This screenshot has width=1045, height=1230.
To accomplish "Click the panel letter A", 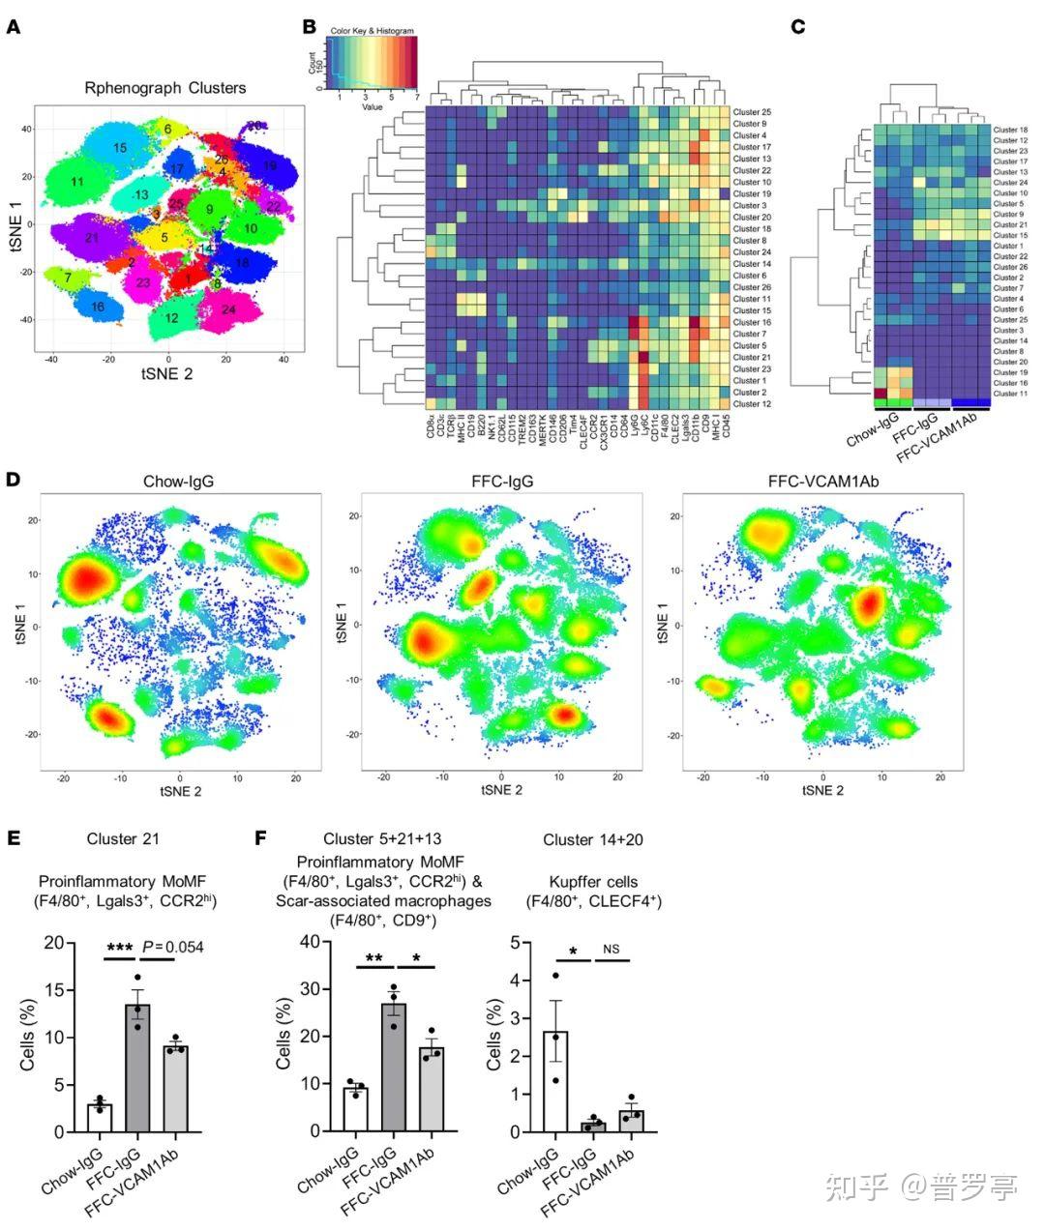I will coord(14,27).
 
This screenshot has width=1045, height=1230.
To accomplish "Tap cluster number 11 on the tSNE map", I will coord(77,181).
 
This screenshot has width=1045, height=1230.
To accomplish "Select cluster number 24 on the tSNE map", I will coord(228,309).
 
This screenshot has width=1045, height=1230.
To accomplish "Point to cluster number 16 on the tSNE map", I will coord(97,307).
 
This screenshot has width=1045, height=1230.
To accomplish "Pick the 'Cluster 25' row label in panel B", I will coord(751,112).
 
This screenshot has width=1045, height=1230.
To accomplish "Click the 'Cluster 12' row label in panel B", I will coord(751,403).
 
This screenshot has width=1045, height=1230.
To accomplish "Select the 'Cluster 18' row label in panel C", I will coord(1010,130).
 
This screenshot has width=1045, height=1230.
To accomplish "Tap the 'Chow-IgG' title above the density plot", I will coord(179,481).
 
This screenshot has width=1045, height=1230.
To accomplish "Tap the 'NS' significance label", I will coord(612,949).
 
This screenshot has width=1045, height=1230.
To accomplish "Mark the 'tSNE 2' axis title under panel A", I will coord(167,373).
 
